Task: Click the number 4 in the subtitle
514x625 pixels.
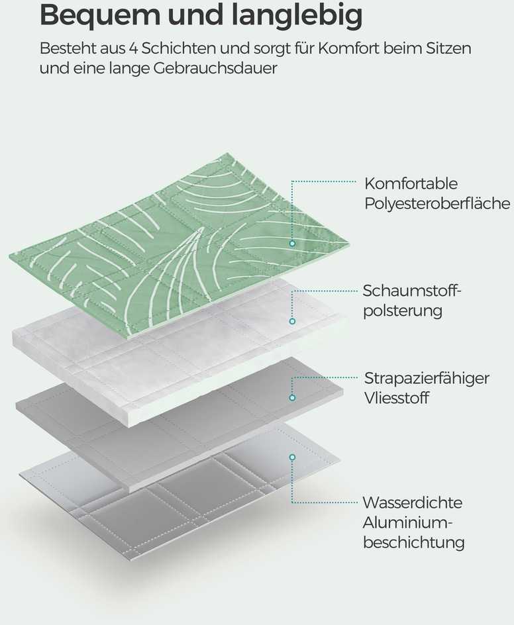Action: [133, 48]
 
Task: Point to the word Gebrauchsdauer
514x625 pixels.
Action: [215, 69]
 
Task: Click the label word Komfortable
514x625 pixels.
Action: [411, 184]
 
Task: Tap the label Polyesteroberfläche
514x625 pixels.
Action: [437, 204]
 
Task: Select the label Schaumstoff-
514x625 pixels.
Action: [411, 291]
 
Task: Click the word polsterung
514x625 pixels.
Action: [403, 311]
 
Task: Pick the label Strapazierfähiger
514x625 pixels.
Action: [427, 378]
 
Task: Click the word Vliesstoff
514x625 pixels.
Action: [397, 398]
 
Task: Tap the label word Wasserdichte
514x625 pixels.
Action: [412, 503]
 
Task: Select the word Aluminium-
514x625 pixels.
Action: [407, 522]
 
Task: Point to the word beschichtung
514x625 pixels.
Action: [414, 543]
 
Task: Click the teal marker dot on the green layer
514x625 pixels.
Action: [292, 243]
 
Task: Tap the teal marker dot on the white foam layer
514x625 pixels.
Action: [292, 321]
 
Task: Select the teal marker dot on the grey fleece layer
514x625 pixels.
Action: [292, 398]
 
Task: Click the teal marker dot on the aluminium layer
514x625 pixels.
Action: [292, 457]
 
